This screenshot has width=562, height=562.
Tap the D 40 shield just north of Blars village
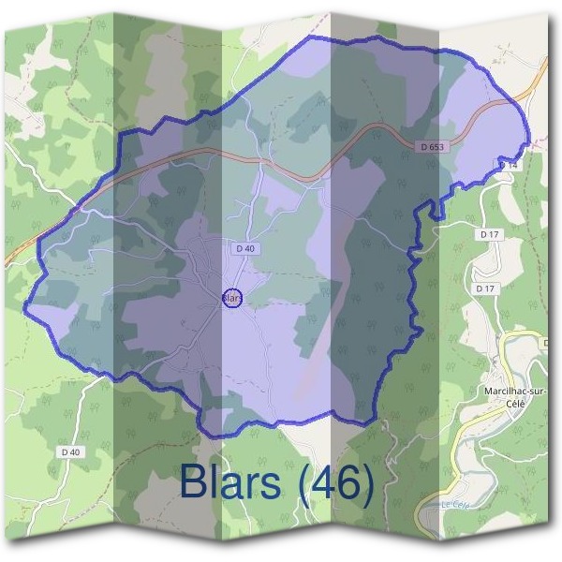point(245,247)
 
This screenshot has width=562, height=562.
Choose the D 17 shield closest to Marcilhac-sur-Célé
point(484,288)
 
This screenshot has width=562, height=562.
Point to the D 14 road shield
point(509,165)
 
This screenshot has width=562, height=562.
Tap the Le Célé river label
point(453,507)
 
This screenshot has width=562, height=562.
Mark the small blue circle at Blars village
point(233,298)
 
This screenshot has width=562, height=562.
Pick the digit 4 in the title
point(319,483)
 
